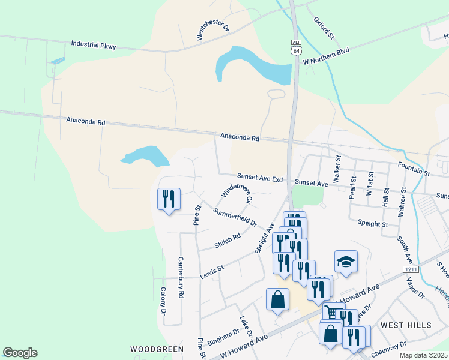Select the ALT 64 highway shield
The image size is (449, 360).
tap(296, 48)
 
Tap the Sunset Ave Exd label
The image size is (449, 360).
tap(259, 179)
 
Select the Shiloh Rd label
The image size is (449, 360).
tap(228, 241)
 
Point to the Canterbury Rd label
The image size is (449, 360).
tap(180, 278)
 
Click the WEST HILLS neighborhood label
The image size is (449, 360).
tap(406, 325)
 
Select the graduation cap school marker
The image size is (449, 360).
tap(346, 262)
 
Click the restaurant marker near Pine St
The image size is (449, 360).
tap(169, 199)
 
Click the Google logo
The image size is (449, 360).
tap(20, 353)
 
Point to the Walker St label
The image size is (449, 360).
tap(337, 166)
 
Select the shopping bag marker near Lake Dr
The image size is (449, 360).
tap(278, 299)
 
